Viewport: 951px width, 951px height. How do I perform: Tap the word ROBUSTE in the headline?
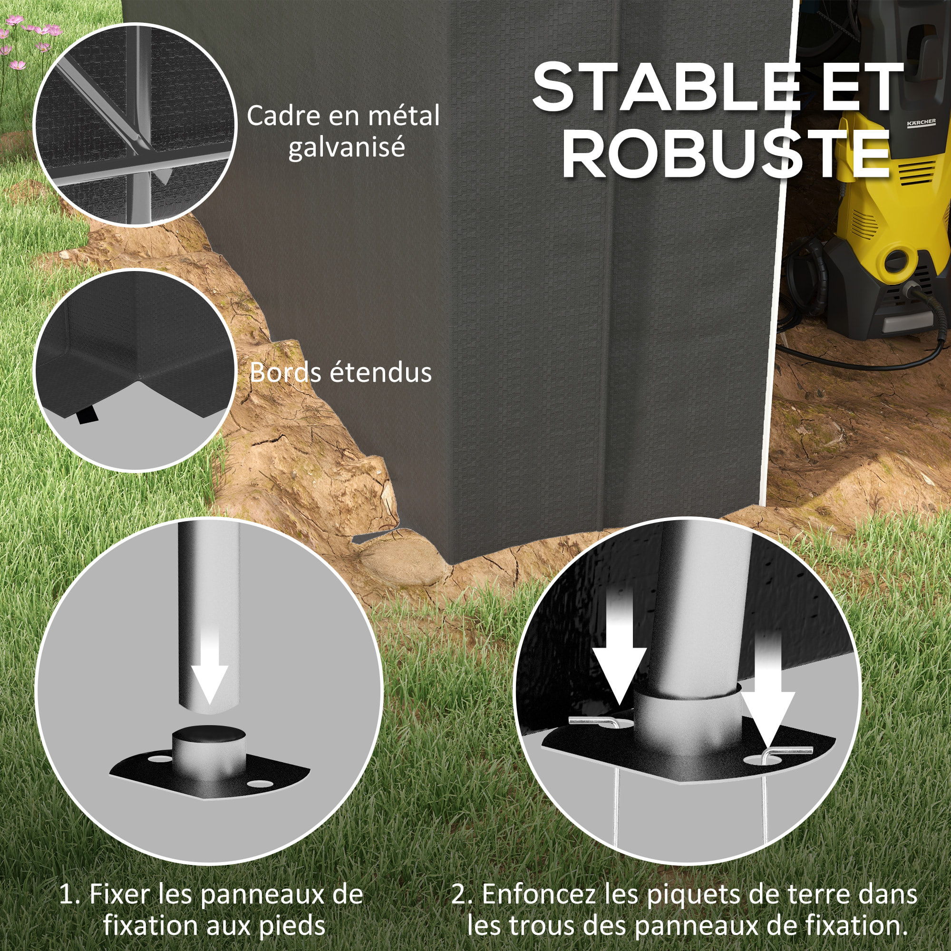tap(727, 154)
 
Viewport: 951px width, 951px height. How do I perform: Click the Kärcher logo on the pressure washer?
tap(921, 123)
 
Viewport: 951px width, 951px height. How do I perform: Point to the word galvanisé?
tap(347, 148)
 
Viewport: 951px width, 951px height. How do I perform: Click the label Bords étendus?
tap(340, 373)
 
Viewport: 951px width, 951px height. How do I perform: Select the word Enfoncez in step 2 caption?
tap(539, 894)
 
